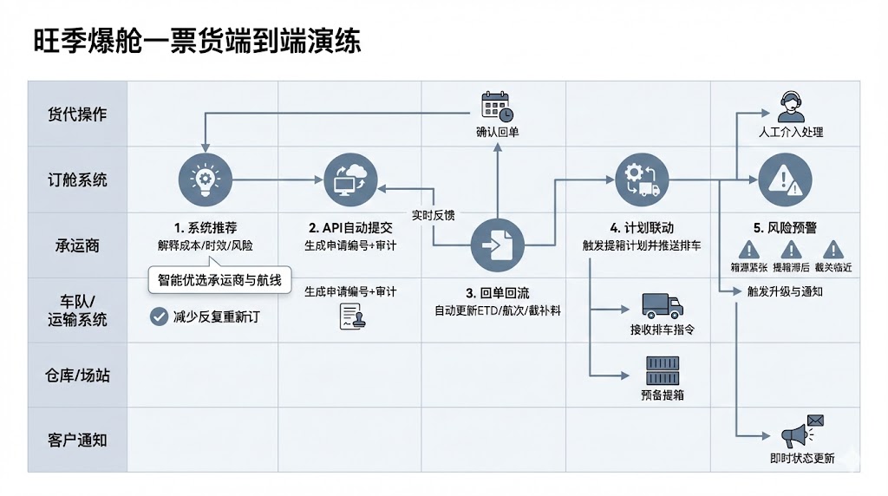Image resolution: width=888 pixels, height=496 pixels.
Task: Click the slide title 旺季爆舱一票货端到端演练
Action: pyautogui.click(x=197, y=40)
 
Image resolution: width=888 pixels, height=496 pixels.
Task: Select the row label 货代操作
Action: pyautogui.click(x=77, y=114)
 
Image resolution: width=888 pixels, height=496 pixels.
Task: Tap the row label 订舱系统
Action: pyautogui.click(x=77, y=180)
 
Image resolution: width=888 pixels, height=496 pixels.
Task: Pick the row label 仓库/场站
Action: pyautogui.click(x=77, y=375)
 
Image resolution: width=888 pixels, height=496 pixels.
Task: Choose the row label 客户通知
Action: pyautogui.click(x=77, y=440)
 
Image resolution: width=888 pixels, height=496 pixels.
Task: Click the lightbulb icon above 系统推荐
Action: pyautogui.click(x=205, y=180)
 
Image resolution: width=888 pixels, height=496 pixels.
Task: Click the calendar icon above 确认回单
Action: pyautogui.click(x=497, y=105)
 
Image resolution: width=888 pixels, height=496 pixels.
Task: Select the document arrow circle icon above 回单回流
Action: pyautogui.click(x=497, y=245)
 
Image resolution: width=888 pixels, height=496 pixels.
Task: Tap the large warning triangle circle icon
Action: pyautogui.click(x=786, y=180)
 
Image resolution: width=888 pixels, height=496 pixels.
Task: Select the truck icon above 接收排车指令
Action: pyautogui.click(x=662, y=306)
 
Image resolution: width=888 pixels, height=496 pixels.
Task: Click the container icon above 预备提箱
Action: pyautogui.click(x=662, y=371)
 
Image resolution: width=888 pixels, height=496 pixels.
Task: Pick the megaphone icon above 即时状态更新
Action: pyautogui.click(x=800, y=432)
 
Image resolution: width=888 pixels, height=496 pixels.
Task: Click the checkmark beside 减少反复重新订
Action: pyautogui.click(x=159, y=317)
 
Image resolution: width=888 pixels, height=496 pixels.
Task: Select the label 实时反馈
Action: pyautogui.click(x=432, y=214)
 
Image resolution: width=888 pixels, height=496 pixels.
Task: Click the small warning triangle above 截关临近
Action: pyautogui.click(x=832, y=249)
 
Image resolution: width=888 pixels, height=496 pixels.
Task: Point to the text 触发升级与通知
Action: pyautogui.click(x=785, y=291)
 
